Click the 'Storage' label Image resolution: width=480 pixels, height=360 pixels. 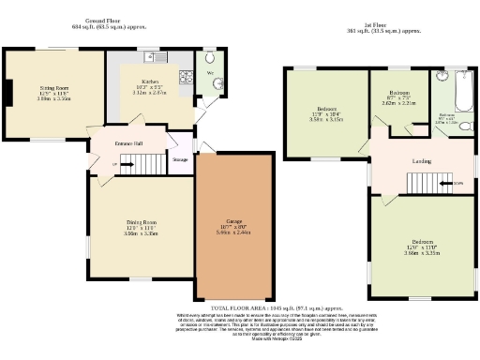(x=181, y=160)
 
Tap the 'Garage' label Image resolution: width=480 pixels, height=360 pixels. (x=234, y=221)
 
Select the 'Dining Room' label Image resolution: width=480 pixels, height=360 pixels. (x=142, y=221)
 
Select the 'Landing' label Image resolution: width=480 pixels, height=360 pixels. (x=422, y=161)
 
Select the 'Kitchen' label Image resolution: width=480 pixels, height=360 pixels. (x=151, y=82)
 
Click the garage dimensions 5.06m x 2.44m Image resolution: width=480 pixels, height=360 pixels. (x=234, y=233)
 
